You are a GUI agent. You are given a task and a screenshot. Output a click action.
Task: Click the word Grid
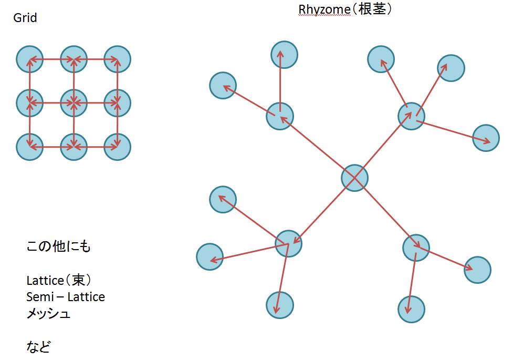pos(25,18)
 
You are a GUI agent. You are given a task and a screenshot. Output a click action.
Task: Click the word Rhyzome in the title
pos(321,9)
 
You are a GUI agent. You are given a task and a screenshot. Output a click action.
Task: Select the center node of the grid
pos(74,102)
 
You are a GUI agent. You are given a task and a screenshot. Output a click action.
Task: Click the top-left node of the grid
pos(29,59)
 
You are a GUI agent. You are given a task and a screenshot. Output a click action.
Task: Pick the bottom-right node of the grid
pos(117,147)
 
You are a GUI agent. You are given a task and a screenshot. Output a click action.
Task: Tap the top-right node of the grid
pos(117,59)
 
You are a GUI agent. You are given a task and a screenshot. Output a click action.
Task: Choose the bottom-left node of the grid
pos(29,147)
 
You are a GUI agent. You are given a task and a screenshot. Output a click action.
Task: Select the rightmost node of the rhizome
pos(486,138)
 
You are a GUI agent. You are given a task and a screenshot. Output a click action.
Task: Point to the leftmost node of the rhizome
pos(210,257)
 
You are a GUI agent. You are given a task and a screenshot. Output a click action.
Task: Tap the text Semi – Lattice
pos(66,297)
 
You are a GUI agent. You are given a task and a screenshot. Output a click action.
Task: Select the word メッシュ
pos(48,314)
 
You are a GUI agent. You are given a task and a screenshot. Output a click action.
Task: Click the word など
pos(38,347)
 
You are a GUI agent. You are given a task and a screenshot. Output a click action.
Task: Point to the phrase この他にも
pos(58,246)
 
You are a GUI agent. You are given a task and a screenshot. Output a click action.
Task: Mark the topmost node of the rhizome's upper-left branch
pos(284,55)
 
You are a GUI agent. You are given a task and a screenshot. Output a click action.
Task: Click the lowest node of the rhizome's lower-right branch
pos(411,309)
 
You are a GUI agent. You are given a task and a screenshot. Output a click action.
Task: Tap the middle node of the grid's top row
pos(74,59)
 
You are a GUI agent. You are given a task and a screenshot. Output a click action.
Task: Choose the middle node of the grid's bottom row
pos(74,147)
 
